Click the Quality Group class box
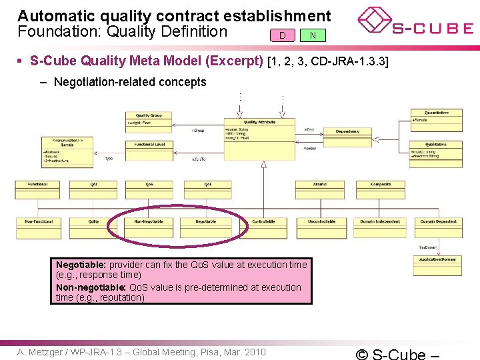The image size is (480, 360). point(148,120)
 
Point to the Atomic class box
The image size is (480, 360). point(320,189)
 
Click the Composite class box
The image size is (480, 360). point(381,189)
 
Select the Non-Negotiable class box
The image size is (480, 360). point(149,227)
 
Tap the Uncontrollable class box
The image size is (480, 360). point(322,227)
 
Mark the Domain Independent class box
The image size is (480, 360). point(380,227)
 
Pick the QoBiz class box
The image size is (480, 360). point(94,227)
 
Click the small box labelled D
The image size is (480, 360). point(283,35)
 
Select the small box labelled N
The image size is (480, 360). point(313,35)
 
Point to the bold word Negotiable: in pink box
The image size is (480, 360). point(81,265)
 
